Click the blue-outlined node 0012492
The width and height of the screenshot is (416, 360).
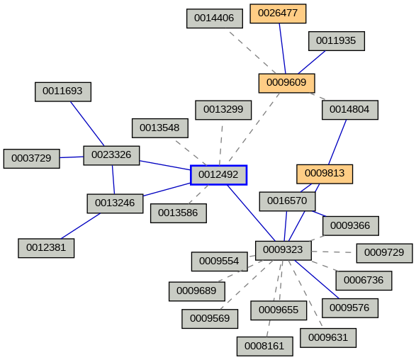click(x=218, y=174)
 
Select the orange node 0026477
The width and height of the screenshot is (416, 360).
click(x=279, y=13)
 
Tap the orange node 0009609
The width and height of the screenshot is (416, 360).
click(x=286, y=83)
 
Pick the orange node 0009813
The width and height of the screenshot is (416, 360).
click(x=324, y=174)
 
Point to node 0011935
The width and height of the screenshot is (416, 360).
click(x=336, y=41)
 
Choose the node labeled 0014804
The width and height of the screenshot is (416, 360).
click(x=349, y=110)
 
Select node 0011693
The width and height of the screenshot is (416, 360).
click(x=63, y=91)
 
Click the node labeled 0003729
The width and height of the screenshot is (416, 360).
click(x=31, y=159)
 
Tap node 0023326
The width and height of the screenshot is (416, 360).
click(x=111, y=155)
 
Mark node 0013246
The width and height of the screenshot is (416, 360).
click(x=115, y=203)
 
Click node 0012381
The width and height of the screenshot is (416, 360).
click(x=46, y=248)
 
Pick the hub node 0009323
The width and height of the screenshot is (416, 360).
click(x=283, y=250)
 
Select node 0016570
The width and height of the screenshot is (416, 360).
click(x=287, y=201)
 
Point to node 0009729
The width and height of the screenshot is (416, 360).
click(x=383, y=253)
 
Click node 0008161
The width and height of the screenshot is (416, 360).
click(x=264, y=347)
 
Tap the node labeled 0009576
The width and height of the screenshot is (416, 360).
click(x=349, y=308)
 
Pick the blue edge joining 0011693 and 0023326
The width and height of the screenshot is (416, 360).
click(x=87, y=123)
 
